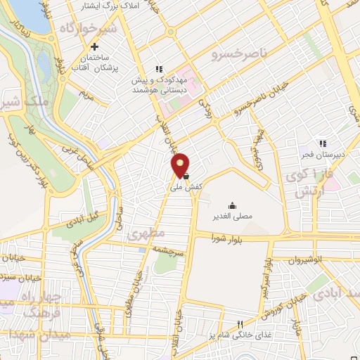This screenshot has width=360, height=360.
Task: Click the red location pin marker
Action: coord(181,164)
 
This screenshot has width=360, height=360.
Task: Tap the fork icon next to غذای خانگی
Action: coord(240,325)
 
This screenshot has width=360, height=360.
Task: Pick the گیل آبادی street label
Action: coord(84,220)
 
